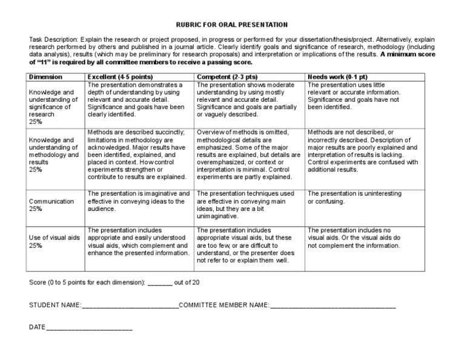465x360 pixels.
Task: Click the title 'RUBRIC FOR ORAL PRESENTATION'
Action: pyautogui.click(x=232, y=25)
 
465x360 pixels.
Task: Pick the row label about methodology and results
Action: pyautogui.click(x=54, y=155)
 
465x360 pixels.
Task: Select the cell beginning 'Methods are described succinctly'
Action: pyautogui.click(x=137, y=155)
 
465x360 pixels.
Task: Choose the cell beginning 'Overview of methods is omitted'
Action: pyautogui.click(x=248, y=155)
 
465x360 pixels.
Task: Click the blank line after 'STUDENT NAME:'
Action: pyautogui.click(x=130, y=306)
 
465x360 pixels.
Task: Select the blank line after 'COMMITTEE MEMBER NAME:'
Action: pyautogui.click(x=332, y=306)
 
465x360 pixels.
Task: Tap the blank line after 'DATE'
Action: pyautogui.click(x=89, y=328)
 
